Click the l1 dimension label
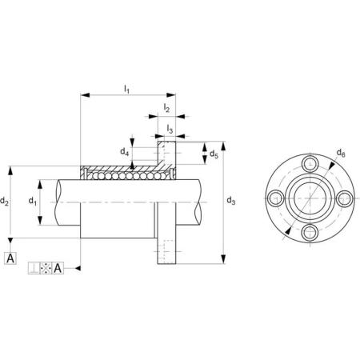click(x=126, y=89)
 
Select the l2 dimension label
click(x=166, y=108)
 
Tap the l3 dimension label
click(x=170, y=129)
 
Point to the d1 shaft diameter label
click(x=33, y=201)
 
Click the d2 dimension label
click(x=4, y=201)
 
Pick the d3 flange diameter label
click(x=231, y=200)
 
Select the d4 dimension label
click(x=125, y=152)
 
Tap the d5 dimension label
click(x=214, y=154)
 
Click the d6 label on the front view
click(x=341, y=153)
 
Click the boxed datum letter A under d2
click(x=10, y=258)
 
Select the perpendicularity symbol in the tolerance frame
click(x=34, y=268)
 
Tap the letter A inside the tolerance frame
click(x=58, y=268)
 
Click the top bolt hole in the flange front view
click(x=310, y=163)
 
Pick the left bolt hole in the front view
click(x=275, y=198)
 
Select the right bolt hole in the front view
click(x=344, y=198)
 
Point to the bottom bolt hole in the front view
click(x=310, y=232)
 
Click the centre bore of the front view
click(x=310, y=198)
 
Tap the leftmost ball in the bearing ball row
click(x=88, y=176)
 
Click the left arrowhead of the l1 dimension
click(x=85, y=95)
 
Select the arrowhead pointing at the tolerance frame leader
click(x=78, y=268)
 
